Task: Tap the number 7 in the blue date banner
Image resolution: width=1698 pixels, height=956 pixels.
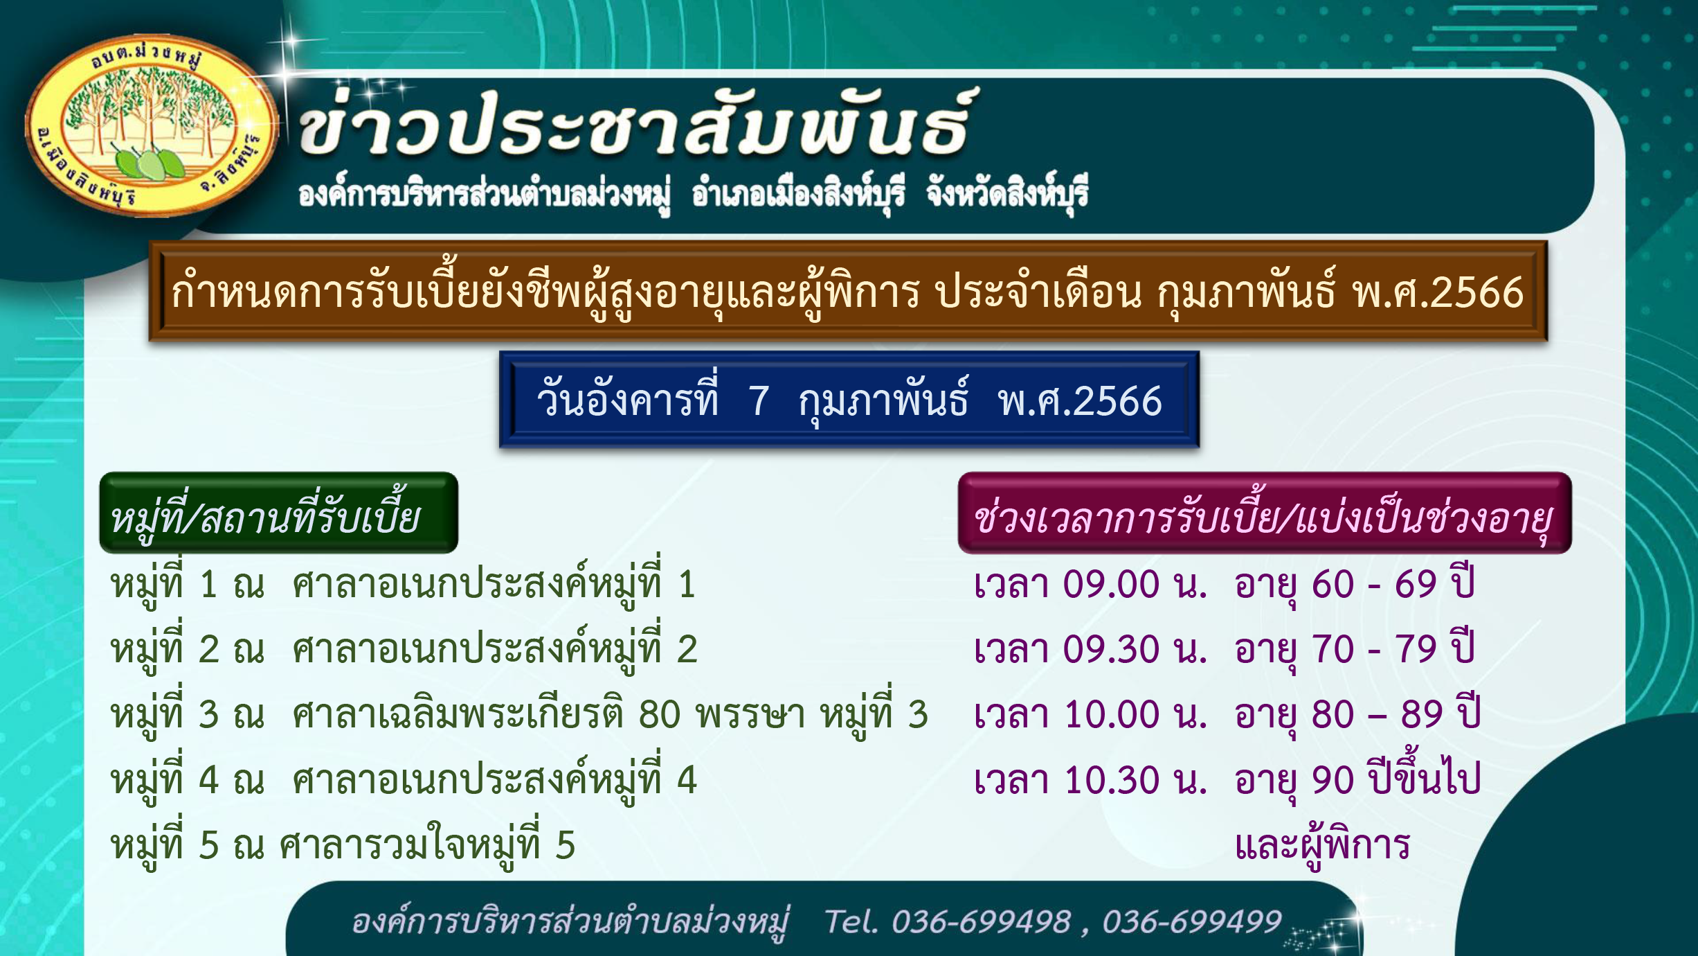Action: (x=759, y=401)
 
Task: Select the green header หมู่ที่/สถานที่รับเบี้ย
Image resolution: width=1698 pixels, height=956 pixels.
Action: (x=278, y=513)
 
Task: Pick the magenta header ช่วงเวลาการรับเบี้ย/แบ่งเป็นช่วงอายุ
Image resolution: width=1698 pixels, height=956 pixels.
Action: (x=1265, y=513)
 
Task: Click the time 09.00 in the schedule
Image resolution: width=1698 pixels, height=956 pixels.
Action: (x=1111, y=584)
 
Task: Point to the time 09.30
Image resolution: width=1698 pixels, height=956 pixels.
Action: (x=1111, y=649)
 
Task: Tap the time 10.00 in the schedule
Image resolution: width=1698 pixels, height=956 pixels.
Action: (x=1111, y=714)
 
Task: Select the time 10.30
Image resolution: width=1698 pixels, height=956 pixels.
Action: (x=1111, y=779)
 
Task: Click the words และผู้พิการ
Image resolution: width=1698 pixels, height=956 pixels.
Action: (x=1322, y=844)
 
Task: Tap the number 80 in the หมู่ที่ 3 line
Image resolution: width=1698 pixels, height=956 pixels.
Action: (x=659, y=714)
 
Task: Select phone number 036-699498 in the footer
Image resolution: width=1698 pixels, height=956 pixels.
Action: (x=981, y=921)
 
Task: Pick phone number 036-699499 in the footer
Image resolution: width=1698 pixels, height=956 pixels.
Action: (x=1192, y=921)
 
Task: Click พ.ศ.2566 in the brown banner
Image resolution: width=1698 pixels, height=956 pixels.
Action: (x=1438, y=292)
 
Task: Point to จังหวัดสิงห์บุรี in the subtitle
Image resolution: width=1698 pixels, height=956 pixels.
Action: (x=1007, y=192)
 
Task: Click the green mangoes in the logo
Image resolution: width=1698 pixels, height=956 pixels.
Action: (x=148, y=163)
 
